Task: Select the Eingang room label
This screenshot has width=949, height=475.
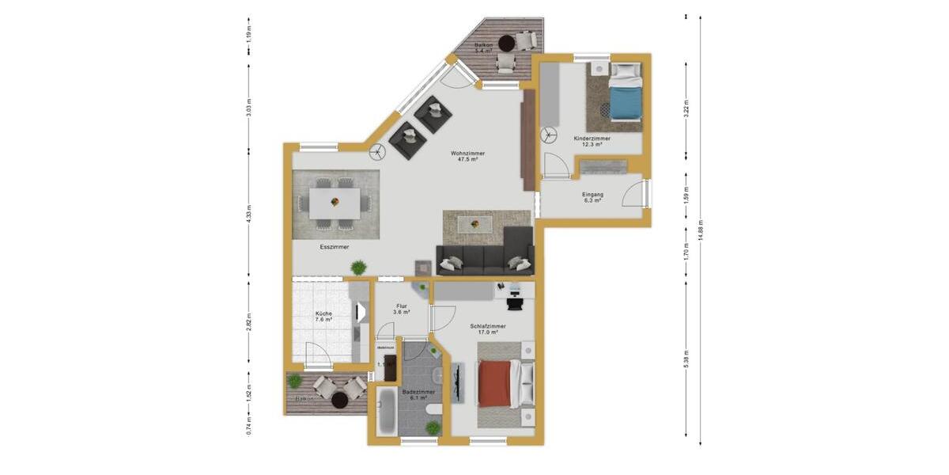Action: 592,197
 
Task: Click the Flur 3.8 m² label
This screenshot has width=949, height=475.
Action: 403,308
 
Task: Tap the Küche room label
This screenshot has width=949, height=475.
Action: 323,317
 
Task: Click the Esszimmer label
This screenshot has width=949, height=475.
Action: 335,247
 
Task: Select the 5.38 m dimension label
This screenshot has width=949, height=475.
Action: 686,359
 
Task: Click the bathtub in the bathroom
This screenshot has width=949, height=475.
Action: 386,410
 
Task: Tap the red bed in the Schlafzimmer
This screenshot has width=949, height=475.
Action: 498,384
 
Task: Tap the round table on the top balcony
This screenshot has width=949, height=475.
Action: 506,44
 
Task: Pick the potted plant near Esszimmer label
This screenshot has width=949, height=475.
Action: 358,266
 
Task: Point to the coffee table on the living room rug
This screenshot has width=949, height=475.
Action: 475,224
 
